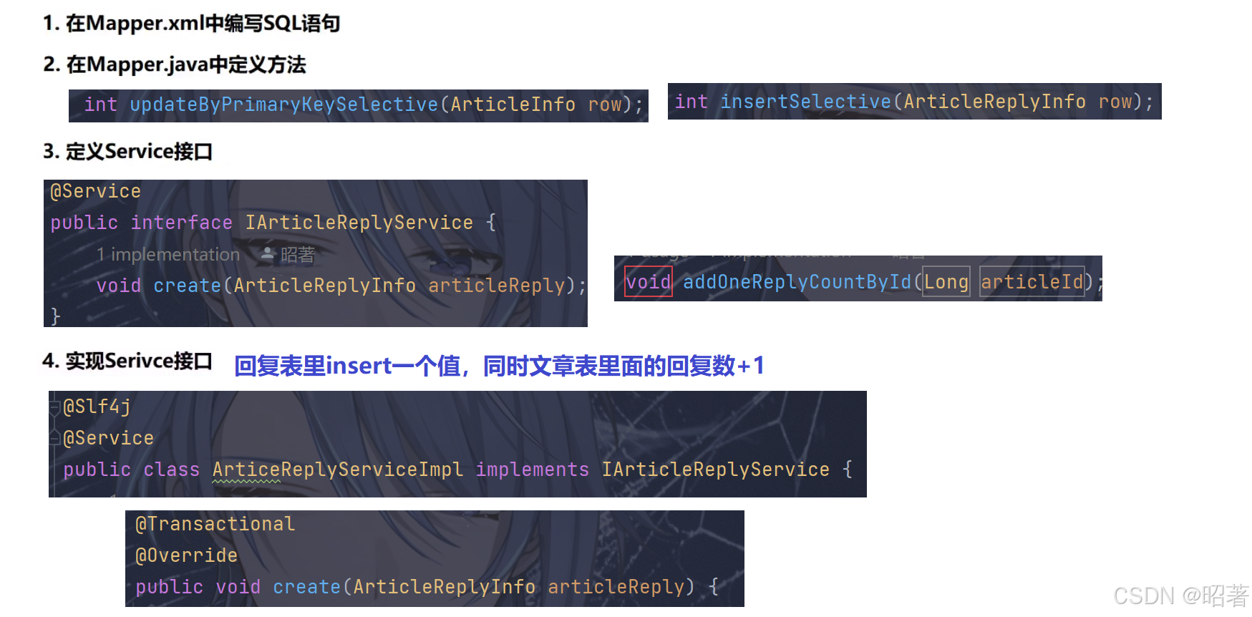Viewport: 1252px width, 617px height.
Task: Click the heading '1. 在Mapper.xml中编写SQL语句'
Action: tap(191, 24)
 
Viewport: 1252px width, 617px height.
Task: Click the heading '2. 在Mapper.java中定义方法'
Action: tap(175, 65)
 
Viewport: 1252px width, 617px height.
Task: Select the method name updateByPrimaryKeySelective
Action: tap(283, 105)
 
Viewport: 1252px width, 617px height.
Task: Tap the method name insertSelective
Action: tap(805, 102)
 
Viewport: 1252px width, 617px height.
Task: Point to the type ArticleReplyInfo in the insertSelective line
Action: tap(994, 102)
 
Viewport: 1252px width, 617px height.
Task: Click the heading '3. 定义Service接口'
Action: tap(127, 152)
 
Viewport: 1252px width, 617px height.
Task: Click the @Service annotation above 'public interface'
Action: tap(95, 192)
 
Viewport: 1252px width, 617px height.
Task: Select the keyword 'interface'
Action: tap(181, 223)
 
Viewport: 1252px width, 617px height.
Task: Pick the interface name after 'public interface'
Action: tap(359, 223)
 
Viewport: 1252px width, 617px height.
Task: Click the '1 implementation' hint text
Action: tap(168, 255)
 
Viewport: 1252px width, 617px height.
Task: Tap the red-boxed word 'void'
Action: tap(649, 282)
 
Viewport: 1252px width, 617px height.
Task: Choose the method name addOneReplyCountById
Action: tap(797, 282)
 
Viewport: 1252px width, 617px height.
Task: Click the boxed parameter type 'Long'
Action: tap(946, 282)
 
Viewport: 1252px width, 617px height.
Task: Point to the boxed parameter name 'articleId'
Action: tap(1032, 282)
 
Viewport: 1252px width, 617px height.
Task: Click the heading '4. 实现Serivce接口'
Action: tap(127, 361)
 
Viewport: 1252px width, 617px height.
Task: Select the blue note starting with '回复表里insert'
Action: tap(499, 366)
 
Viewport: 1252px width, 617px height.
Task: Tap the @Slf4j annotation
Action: tap(97, 407)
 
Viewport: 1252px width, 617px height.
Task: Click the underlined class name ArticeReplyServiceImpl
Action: tap(337, 470)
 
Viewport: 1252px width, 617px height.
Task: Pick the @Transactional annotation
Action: tap(215, 525)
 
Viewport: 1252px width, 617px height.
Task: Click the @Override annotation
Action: tap(186, 556)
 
